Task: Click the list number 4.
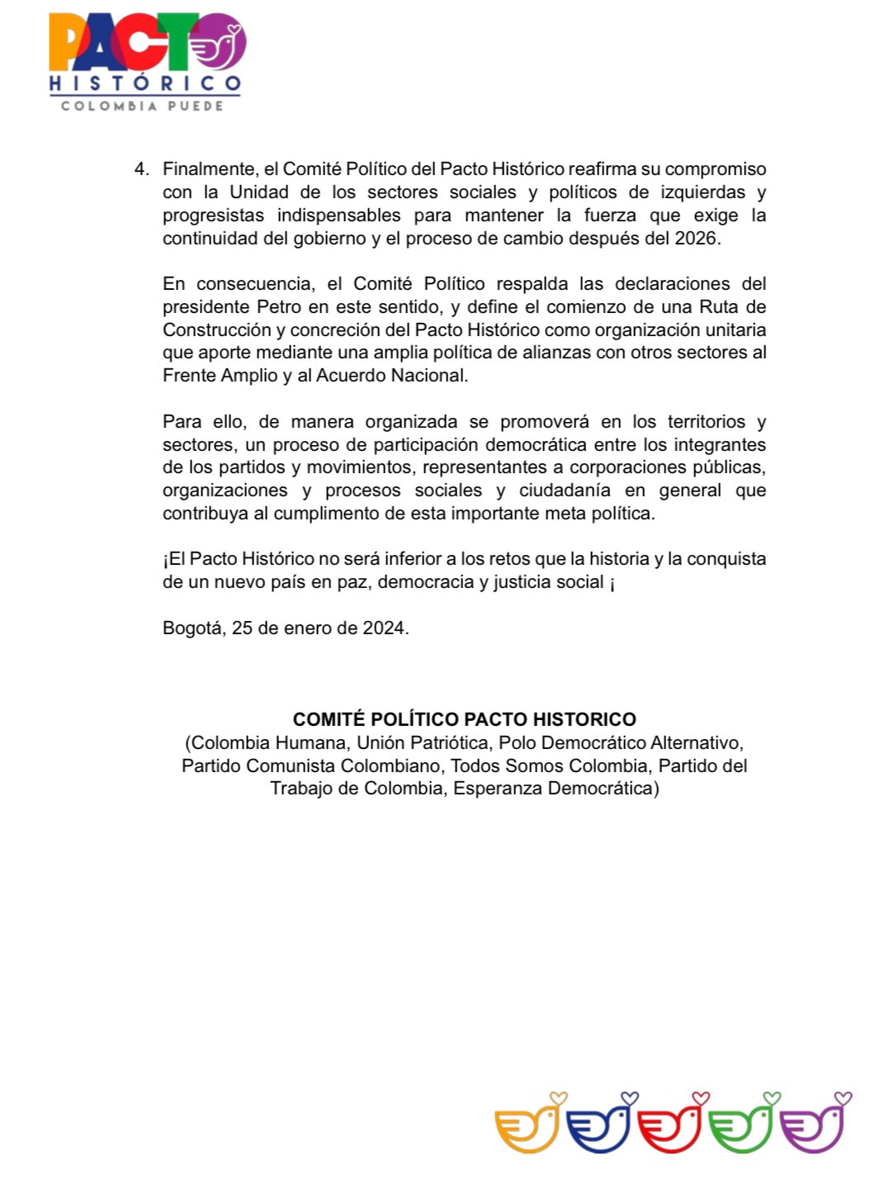coord(140,169)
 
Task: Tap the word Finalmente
coord(209,169)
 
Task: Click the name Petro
coord(278,307)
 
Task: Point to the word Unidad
coord(258,192)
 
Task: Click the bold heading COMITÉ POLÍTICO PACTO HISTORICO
coord(464,719)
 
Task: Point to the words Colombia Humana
coord(269,742)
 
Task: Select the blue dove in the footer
coord(599,1125)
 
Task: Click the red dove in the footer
coord(670,1125)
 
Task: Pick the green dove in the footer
coord(741,1125)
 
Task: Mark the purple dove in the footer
coord(813,1125)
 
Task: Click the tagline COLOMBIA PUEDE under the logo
coord(142,106)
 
